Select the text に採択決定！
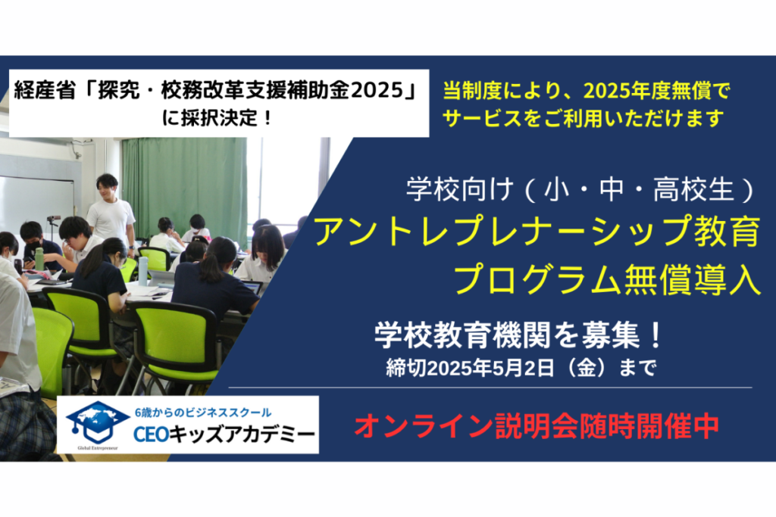tap(217, 117)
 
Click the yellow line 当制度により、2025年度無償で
tap(586, 91)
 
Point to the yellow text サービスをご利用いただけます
tap(583, 118)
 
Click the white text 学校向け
tap(458, 190)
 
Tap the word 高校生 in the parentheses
tap(693, 190)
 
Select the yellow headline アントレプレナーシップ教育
tap(537, 232)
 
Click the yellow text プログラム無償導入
tap(607, 279)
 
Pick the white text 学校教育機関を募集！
tap(518, 335)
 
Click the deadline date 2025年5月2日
tap(490, 368)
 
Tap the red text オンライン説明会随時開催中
tap(537, 425)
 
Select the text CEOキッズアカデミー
tap(224, 434)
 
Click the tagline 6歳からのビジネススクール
tap(203, 413)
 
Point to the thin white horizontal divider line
tap(490, 388)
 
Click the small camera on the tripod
tap(54, 218)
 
